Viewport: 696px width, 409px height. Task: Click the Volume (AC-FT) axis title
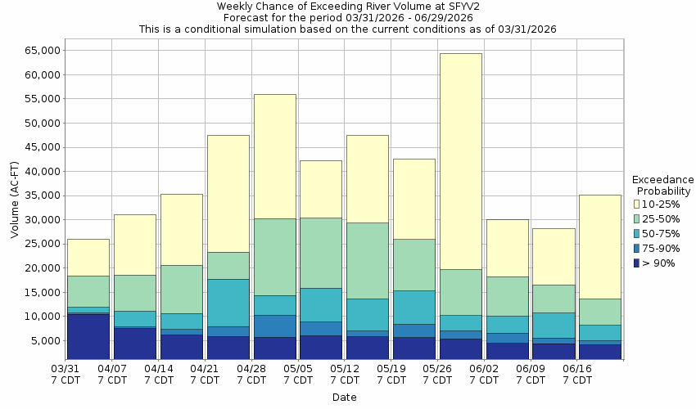[14, 200]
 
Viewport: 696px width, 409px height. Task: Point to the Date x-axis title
[344, 398]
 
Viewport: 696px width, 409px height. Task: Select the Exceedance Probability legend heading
[662, 185]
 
